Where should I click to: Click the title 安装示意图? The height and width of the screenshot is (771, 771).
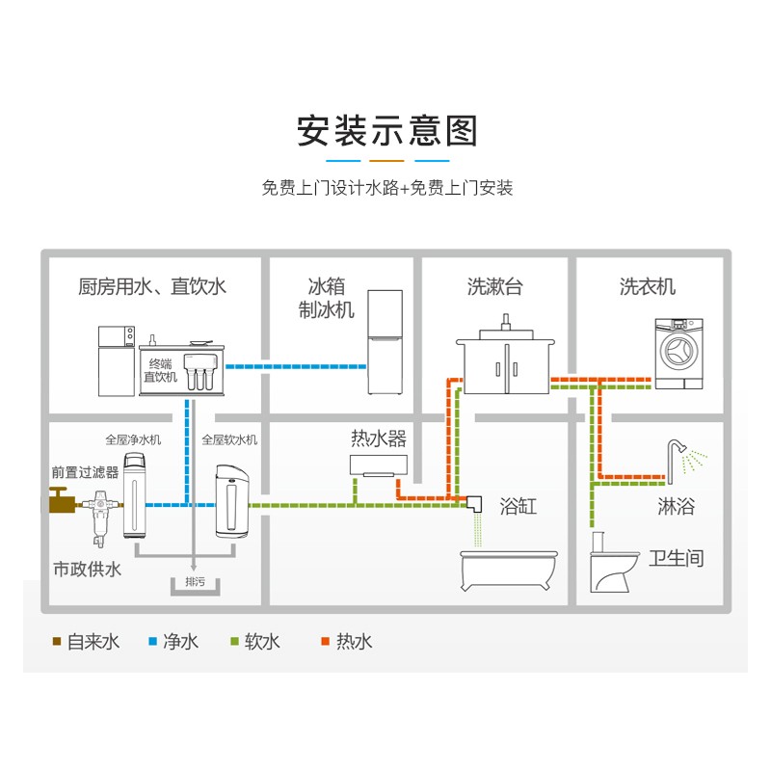point(386,130)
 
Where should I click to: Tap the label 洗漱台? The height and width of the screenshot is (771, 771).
point(495,286)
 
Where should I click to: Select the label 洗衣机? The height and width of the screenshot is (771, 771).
point(648,286)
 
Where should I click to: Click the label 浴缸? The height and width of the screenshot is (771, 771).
point(518,506)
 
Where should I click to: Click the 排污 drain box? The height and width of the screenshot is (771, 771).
point(194,583)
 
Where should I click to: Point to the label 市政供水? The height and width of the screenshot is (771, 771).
point(88,570)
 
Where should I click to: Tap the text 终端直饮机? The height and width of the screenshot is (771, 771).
point(160,370)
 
